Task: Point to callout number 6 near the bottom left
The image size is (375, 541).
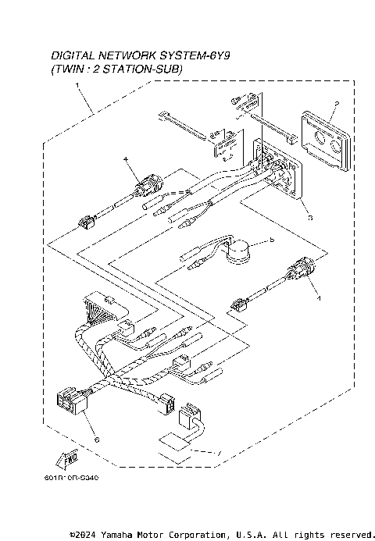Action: pos(96,440)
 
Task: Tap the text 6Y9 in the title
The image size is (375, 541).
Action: pos(223,56)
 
